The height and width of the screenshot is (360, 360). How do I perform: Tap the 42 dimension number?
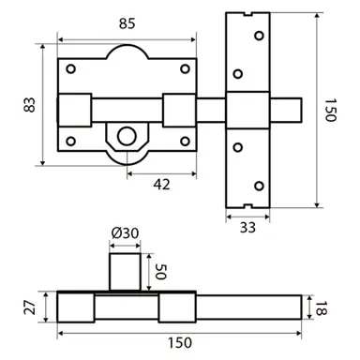160,185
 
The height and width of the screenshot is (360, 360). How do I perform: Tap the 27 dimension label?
31,307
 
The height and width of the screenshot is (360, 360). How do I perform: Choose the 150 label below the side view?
184,344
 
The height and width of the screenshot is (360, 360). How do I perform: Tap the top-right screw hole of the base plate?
184,68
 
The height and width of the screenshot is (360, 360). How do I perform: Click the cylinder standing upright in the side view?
125,270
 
